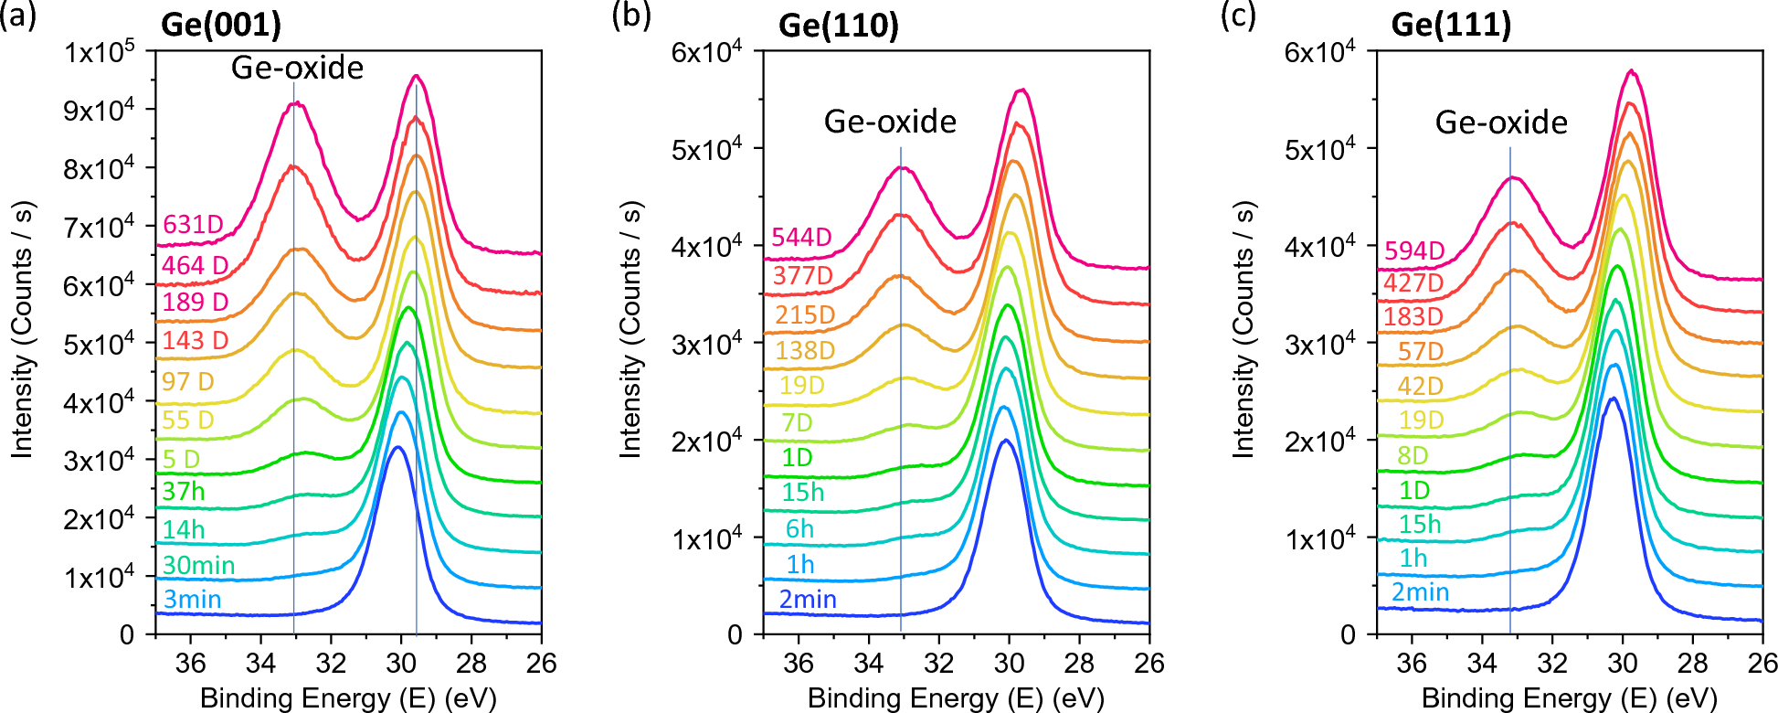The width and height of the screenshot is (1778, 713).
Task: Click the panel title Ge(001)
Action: pos(220,25)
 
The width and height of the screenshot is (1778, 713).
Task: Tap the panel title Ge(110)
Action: pos(838,26)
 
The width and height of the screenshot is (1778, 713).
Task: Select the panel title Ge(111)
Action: pos(1451,25)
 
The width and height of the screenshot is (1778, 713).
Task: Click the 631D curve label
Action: pos(193,225)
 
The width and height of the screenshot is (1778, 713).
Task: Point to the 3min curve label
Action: pos(192,600)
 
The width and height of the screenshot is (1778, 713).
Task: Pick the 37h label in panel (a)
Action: pos(184,492)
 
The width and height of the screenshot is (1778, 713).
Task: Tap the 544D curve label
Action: pos(801,238)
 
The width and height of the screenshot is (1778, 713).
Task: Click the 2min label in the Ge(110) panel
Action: pos(808,600)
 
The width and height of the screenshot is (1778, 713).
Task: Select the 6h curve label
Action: pos(799,529)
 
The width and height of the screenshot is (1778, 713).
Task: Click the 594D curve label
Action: pos(1414,250)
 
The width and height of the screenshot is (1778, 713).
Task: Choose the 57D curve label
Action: pos(1421,351)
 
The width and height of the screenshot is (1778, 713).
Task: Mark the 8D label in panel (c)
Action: pos(1413,455)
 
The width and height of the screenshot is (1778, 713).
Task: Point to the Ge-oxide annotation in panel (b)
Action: pos(890,122)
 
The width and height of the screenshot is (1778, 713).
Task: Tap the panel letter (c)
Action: pos(1239,16)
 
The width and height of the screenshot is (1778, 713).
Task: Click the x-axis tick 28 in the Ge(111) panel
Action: pos(1692,663)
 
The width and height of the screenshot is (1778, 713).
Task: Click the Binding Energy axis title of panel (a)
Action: pos(348,698)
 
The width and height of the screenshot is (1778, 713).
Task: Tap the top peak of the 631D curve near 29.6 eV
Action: pos(416,76)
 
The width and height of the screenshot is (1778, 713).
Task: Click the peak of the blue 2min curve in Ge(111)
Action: pos(1613,398)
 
